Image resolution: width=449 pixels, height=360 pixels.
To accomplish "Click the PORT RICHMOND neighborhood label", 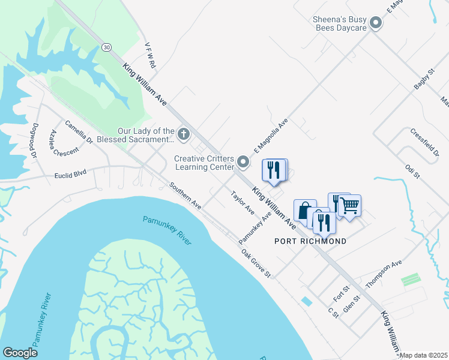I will [310, 241].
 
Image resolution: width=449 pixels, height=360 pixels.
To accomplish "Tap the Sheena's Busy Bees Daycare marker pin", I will [376, 23].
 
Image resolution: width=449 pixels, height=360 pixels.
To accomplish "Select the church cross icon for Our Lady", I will [183, 133].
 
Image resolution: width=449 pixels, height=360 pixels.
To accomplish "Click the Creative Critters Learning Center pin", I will [243, 161].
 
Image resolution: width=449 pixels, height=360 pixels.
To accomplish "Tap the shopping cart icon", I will [350, 206].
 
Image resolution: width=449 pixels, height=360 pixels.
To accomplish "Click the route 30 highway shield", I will [106, 47].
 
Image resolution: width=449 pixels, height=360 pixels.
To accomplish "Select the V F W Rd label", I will [151, 55].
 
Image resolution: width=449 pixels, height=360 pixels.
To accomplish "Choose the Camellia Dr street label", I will [79, 133].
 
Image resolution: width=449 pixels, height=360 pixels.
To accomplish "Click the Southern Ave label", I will [185, 196].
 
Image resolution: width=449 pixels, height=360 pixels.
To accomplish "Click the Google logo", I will [20, 352].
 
